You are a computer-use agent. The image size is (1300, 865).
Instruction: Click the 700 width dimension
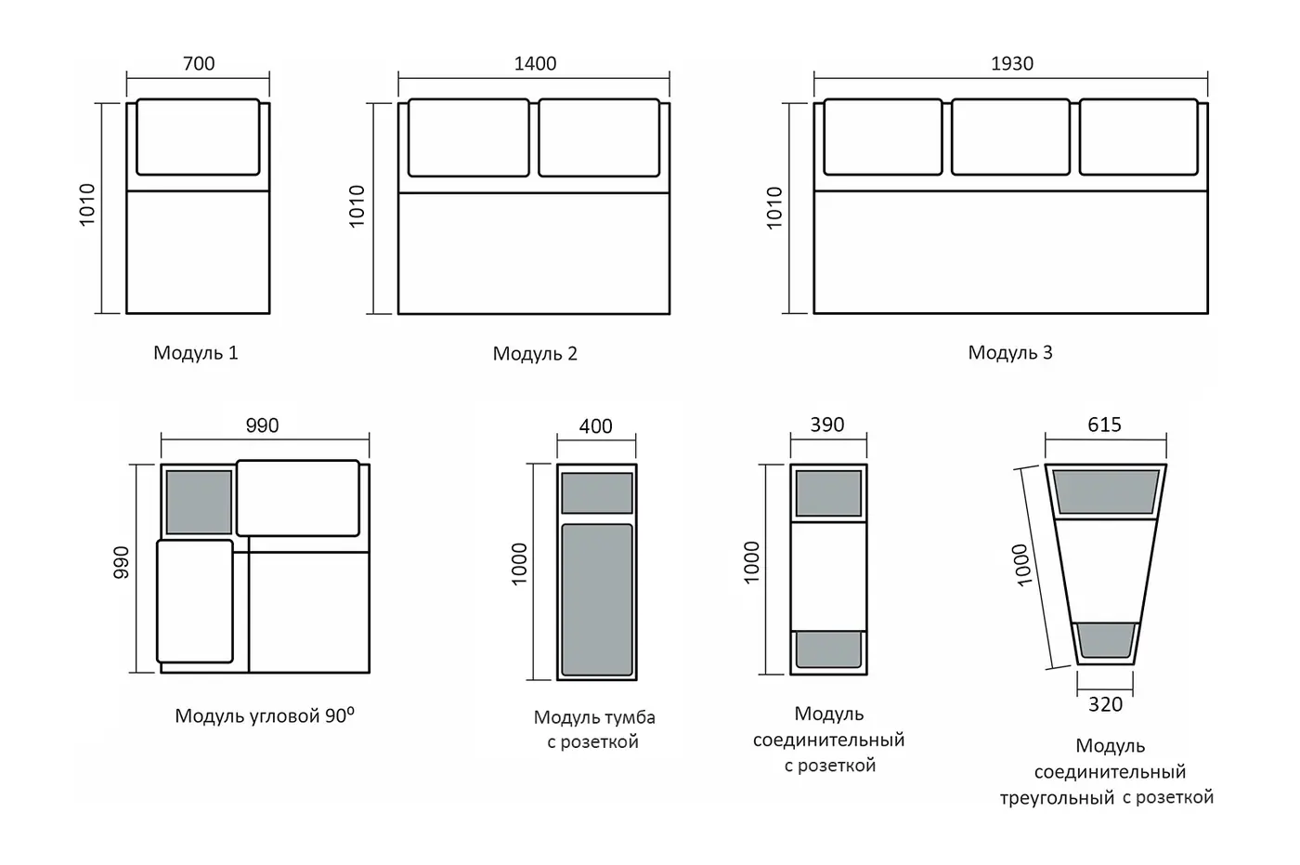coord(199,63)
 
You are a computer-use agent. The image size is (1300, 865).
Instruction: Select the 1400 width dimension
coord(535,63)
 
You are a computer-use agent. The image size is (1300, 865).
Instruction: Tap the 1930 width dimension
coord(1011,63)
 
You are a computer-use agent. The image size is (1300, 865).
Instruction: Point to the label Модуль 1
coord(196,352)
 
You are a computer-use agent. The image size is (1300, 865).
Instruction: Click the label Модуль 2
coord(535,354)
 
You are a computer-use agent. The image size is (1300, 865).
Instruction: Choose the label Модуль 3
coord(1010,352)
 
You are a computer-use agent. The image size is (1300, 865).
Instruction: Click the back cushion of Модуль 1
coord(198,137)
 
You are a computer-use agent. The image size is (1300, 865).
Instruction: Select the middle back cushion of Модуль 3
coord(1010,137)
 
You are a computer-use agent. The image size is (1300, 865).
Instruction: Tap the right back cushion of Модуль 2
coord(599,138)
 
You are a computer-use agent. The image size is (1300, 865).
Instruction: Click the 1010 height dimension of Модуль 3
coord(774,208)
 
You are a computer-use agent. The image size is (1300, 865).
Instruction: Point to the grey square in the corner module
coord(199,502)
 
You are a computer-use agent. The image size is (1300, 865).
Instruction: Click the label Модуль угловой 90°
coord(265,715)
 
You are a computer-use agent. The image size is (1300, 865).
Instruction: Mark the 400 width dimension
coord(595,426)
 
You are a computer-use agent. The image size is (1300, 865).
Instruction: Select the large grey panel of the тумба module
coord(596,600)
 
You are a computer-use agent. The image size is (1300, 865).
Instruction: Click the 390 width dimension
coord(827,425)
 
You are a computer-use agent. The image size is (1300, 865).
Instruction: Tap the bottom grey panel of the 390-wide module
coord(828,649)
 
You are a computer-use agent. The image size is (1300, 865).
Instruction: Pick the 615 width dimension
coord(1104,425)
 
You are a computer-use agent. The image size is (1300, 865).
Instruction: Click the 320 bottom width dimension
coord(1105,704)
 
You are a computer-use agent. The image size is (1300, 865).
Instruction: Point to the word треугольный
coord(1057,798)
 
